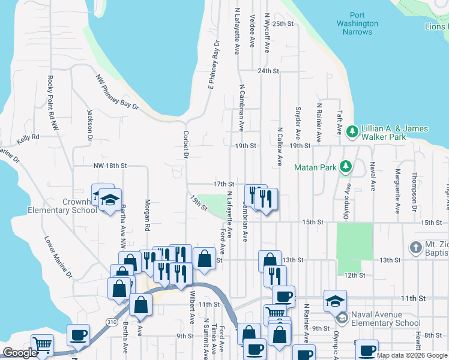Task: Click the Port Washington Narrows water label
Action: point(357,23)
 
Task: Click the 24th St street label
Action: point(268,71)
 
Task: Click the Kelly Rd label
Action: point(28,137)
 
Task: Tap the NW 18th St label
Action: point(110,165)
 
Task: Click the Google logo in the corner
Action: point(20,353)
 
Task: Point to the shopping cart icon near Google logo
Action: point(42,344)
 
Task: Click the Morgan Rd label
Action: point(146,215)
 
